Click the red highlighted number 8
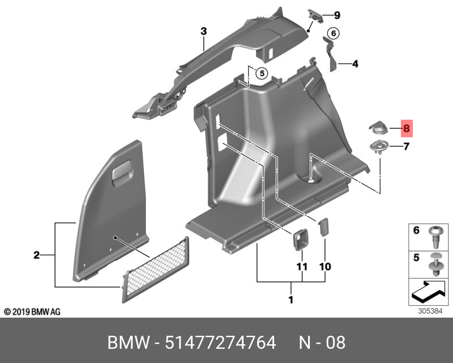(x=407, y=128)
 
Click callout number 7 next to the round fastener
(x=407, y=146)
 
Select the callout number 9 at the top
(x=337, y=15)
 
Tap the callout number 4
(x=355, y=64)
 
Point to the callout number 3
(x=204, y=31)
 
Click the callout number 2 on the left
(x=36, y=255)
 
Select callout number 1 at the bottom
(x=291, y=299)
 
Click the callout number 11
(x=302, y=267)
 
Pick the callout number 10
(x=325, y=267)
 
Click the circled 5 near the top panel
(x=262, y=73)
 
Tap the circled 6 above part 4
(x=334, y=33)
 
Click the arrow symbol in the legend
(x=429, y=291)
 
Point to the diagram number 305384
(x=430, y=311)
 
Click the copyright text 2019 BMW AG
(x=32, y=312)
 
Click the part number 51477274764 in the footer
(x=220, y=343)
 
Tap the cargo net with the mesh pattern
(x=156, y=270)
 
